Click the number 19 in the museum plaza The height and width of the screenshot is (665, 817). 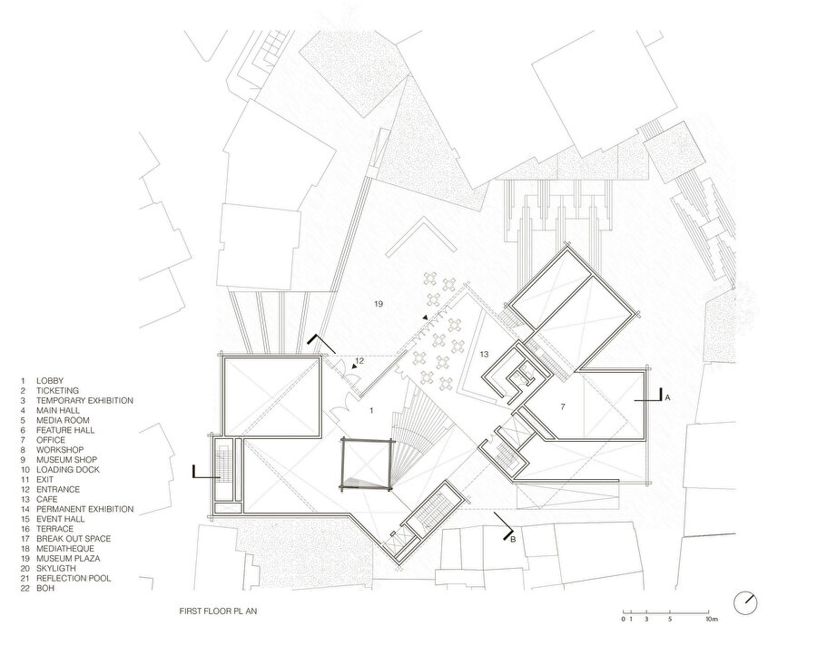click(379, 304)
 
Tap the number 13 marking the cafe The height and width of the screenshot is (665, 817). click(484, 354)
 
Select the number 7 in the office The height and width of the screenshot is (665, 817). click(563, 406)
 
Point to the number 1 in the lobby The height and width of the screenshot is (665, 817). click(371, 411)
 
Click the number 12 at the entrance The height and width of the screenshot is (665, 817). click(359, 360)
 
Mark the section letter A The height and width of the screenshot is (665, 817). click(667, 397)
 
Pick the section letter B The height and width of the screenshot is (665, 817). click(513, 540)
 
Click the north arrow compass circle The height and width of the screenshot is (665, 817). click(745, 602)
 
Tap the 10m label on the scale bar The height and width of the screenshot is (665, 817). click(712, 619)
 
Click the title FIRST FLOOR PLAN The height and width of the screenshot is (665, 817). click(218, 611)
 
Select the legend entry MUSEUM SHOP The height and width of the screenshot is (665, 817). click(66, 460)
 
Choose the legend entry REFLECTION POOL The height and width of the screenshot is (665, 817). click(74, 578)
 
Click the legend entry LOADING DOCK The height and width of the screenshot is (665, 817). click(68, 470)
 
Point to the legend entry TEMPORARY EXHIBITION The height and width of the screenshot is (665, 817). click(84, 400)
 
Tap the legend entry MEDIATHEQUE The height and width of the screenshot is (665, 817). click(65, 548)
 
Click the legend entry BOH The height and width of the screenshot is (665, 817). click(45, 588)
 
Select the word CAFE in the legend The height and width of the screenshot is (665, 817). click(47, 499)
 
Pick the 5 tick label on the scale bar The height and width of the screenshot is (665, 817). click(670, 619)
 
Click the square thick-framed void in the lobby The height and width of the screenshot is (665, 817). click(342, 465)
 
